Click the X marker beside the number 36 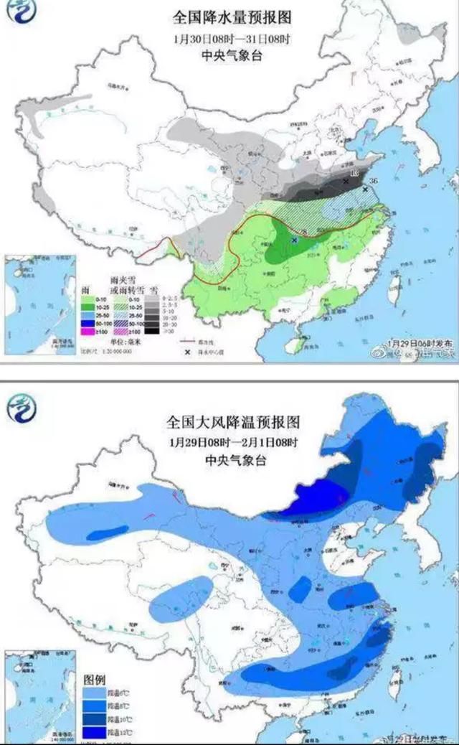click(366, 189)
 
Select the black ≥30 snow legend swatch click(151, 331)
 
